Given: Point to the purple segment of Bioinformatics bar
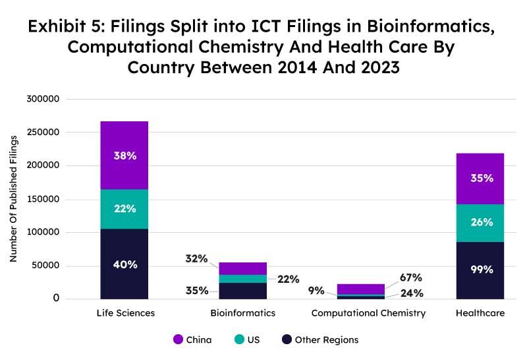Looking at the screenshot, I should tap(243, 268).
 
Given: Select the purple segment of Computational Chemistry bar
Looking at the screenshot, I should tap(361, 288).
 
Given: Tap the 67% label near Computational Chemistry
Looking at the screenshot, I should tap(410, 278).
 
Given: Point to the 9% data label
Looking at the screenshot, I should tap(316, 291).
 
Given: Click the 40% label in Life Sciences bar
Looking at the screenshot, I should tap(125, 264).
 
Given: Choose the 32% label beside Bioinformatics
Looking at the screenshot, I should tap(197, 259).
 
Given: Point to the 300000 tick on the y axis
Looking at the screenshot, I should tap(43, 99).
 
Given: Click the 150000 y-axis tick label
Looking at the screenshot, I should tap(43, 199).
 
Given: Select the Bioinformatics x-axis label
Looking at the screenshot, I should tap(243, 313).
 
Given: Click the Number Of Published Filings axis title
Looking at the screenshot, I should tap(13, 199).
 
